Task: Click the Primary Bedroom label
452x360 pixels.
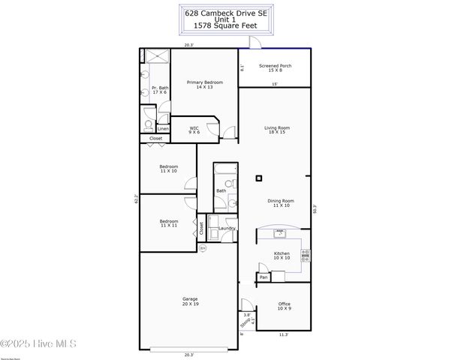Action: point(199,85)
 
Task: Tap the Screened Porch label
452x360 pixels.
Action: point(275,68)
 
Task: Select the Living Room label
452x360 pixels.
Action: point(276,130)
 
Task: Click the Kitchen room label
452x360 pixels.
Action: point(282,256)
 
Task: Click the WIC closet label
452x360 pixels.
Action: point(194,130)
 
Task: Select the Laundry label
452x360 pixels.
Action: point(227,228)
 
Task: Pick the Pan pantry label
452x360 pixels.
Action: point(263,277)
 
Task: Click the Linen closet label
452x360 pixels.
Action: point(163,128)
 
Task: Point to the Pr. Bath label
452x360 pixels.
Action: point(160,89)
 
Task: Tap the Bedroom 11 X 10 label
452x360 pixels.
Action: point(168,169)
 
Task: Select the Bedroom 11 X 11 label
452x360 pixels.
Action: point(168,223)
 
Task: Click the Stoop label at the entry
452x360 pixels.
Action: point(244,322)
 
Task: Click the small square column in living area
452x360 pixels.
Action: point(259,178)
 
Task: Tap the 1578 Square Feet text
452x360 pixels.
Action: point(225,26)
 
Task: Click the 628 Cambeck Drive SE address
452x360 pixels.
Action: point(225,11)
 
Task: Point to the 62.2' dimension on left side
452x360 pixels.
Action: point(136,199)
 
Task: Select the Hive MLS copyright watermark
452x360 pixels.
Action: point(39,344)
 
